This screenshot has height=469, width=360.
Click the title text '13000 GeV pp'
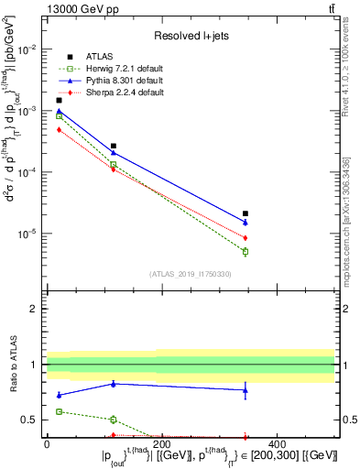78,9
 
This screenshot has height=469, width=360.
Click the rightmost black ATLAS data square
245,213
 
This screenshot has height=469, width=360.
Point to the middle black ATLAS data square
114,146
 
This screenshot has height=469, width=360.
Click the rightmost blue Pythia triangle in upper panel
245,223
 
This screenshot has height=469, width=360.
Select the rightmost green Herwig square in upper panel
245,251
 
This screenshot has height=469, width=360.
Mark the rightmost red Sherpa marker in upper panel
245,238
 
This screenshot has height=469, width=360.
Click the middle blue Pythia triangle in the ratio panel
114,384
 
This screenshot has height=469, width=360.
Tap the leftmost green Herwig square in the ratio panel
60,411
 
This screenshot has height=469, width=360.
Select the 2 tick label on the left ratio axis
33,309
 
